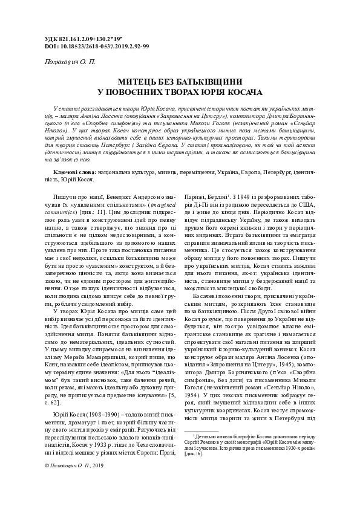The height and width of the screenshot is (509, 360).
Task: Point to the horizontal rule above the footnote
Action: tap(209, 430)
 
